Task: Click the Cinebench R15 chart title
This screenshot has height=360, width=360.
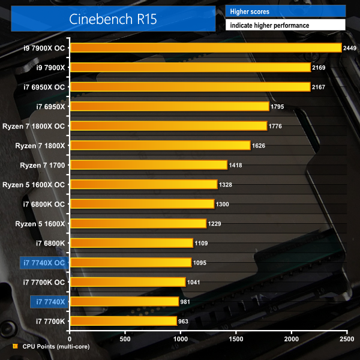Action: (x=113, y=19)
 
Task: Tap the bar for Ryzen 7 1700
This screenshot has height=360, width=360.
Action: (x=148, y=165)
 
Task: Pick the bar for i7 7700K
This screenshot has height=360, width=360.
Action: (x=123, y=321)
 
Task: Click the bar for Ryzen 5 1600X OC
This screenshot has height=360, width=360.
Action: (x=143, y=184)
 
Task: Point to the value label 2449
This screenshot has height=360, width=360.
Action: (x=350, y=48)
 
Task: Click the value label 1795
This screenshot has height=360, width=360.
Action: (x=277, y=107)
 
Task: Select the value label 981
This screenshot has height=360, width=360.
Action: (x=185, y=302)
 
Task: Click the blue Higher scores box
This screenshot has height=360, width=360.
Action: (x=285, y=11)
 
